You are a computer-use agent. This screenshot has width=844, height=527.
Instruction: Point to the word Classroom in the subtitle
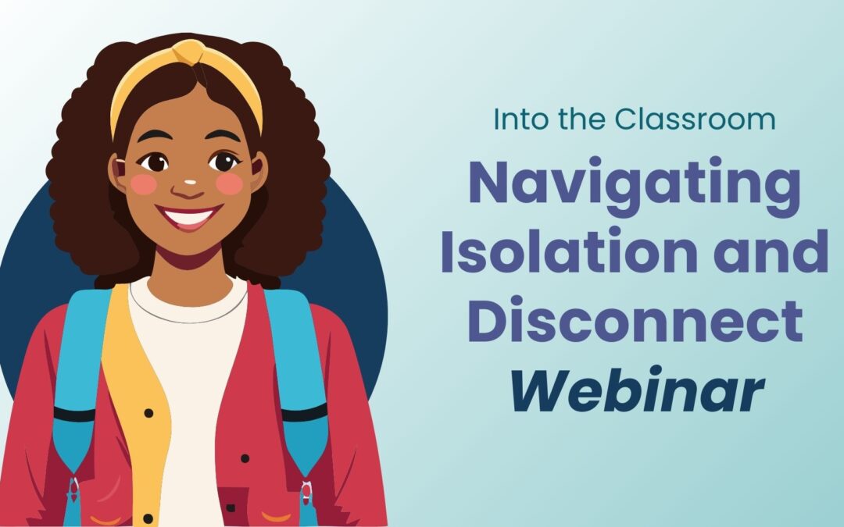695,119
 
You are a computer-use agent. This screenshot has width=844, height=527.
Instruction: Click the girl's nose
187,188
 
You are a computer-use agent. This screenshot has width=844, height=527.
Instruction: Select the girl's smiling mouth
188,216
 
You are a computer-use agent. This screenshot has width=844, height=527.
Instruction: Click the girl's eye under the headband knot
224,162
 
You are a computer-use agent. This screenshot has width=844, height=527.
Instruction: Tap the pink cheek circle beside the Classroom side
231,183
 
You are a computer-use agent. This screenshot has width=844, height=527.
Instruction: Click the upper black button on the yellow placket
148,412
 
